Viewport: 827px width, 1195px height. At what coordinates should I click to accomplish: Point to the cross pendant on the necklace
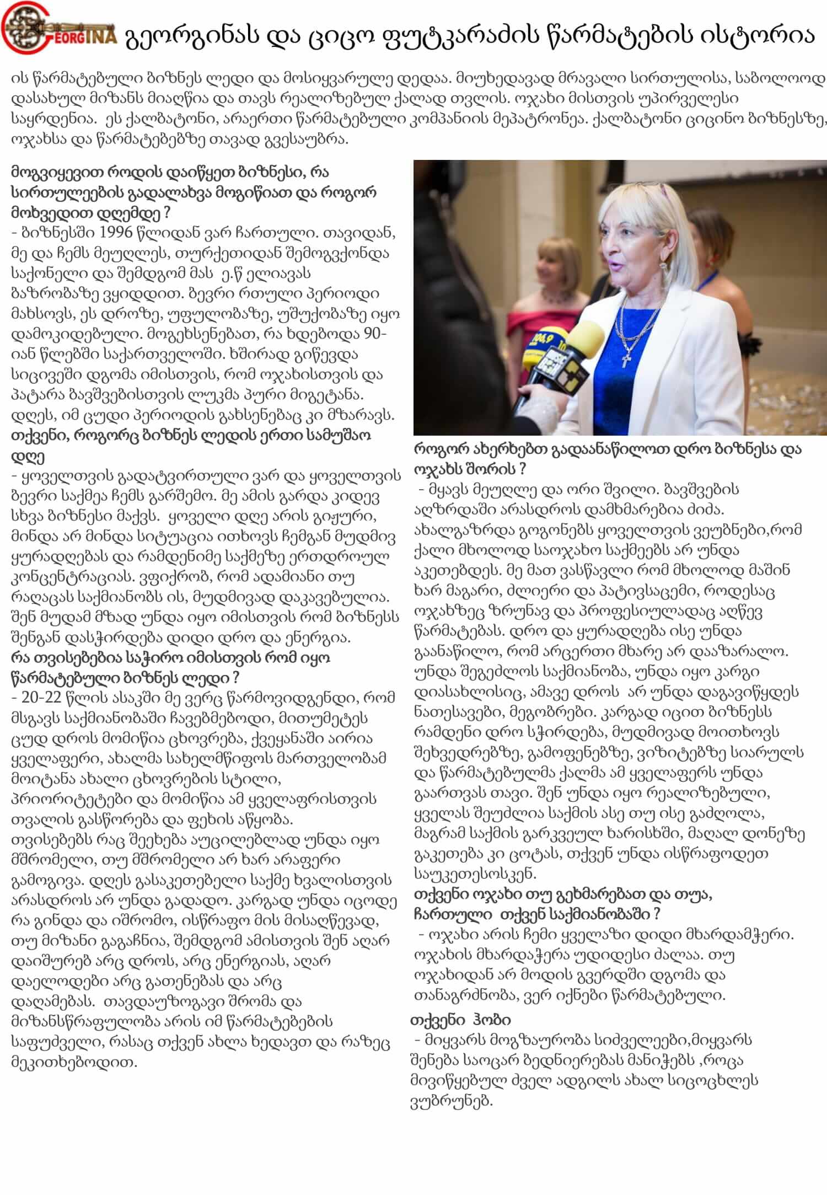pos(627,360)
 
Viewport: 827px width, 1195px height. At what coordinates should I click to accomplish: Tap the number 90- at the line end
pos(375,334)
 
